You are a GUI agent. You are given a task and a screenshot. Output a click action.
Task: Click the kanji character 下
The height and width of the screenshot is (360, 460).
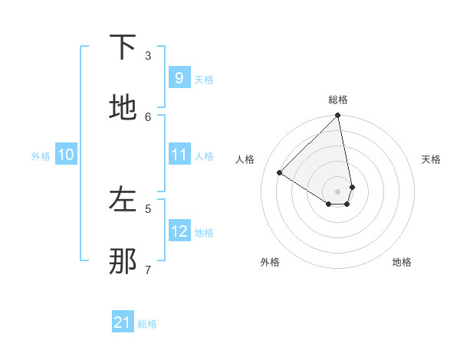(123, 47)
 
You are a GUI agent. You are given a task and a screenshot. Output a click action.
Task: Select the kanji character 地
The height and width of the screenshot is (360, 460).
(123, 108)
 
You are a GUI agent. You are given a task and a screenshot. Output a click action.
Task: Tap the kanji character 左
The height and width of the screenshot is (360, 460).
(123, 200)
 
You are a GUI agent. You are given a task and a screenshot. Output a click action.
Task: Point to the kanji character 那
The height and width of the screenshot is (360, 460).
(123, 261)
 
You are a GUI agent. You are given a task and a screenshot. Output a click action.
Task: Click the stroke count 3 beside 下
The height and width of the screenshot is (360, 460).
(148, 55)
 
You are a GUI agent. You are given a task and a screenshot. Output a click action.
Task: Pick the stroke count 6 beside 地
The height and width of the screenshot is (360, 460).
(148, 116)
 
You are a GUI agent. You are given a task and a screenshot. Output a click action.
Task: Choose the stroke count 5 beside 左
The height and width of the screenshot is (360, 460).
(148, 208)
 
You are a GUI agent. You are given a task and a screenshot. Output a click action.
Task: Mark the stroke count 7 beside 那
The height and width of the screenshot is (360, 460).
(148, 270)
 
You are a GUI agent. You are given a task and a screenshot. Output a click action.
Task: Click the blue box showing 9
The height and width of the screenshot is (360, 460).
(179, 77)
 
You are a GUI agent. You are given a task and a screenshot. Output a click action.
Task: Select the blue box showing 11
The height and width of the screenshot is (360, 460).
(179, 155)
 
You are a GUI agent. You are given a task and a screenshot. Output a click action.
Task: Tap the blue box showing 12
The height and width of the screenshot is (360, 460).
(179, 231)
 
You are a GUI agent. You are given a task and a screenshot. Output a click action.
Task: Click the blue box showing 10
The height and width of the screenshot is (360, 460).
(66, 155)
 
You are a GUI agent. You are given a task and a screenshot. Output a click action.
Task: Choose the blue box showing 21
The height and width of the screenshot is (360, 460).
(123, 322)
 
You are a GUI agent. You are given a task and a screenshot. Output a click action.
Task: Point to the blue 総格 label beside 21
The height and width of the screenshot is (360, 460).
(147, 324)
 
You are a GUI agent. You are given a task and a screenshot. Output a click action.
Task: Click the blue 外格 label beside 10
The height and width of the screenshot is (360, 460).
(41, 156)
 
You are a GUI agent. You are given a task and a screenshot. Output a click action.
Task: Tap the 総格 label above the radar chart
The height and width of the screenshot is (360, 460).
(338, 100)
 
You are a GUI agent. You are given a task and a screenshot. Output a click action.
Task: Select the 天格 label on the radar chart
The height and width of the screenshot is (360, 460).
(431, 159)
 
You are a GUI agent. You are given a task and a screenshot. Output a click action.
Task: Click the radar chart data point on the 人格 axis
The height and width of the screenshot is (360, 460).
(280, 173)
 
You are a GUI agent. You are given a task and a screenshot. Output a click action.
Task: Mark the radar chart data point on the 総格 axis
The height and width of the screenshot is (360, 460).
(338, 116)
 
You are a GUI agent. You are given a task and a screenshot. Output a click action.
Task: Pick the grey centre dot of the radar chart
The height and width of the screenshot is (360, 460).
(338, 191)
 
